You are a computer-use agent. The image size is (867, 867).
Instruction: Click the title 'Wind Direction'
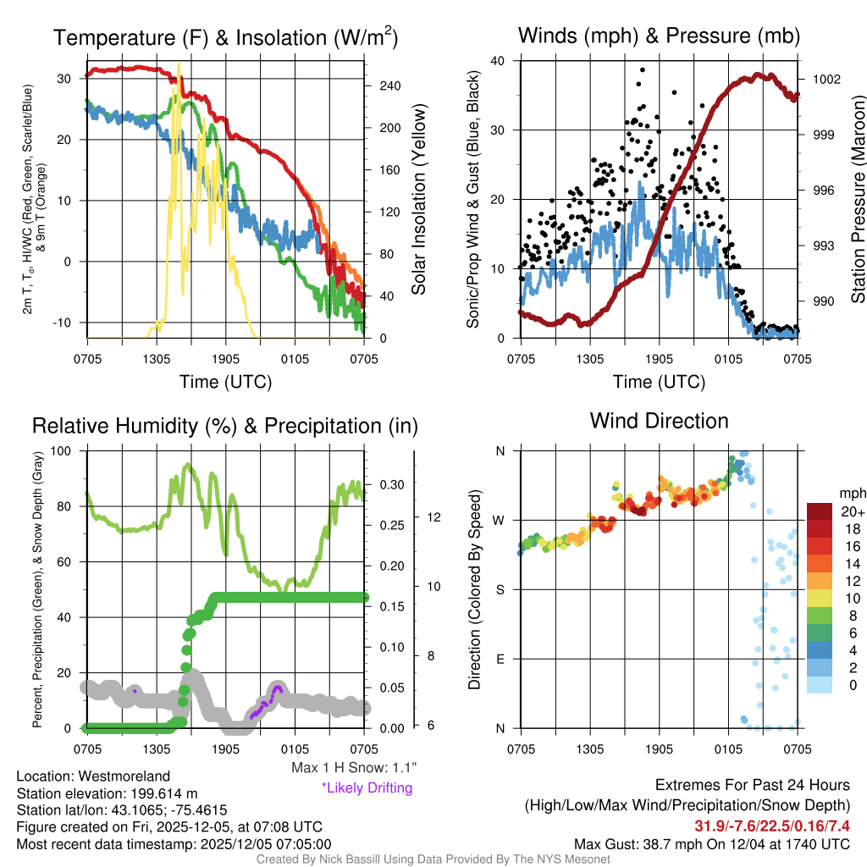point(659,421)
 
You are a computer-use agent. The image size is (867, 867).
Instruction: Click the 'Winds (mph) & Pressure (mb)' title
point(659,36)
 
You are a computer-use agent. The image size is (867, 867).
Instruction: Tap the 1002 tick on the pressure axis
point(825,79)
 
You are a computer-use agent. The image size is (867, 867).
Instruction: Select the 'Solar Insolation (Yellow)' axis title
point(418,200)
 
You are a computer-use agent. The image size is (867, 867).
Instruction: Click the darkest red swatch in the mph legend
point(820,512)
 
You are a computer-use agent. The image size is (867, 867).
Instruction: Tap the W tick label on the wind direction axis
point(500,520)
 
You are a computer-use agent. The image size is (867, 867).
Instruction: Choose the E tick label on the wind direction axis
point(500,659)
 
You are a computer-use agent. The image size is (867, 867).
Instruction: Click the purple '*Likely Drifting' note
point(367,788)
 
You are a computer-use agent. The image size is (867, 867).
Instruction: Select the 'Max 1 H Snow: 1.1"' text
point(353,768)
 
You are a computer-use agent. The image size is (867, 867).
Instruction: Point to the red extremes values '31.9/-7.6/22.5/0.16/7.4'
point(772,826)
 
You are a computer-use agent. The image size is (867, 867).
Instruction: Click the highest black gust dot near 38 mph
point(643,70)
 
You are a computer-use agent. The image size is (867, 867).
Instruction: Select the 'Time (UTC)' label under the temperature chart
point(225,382)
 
